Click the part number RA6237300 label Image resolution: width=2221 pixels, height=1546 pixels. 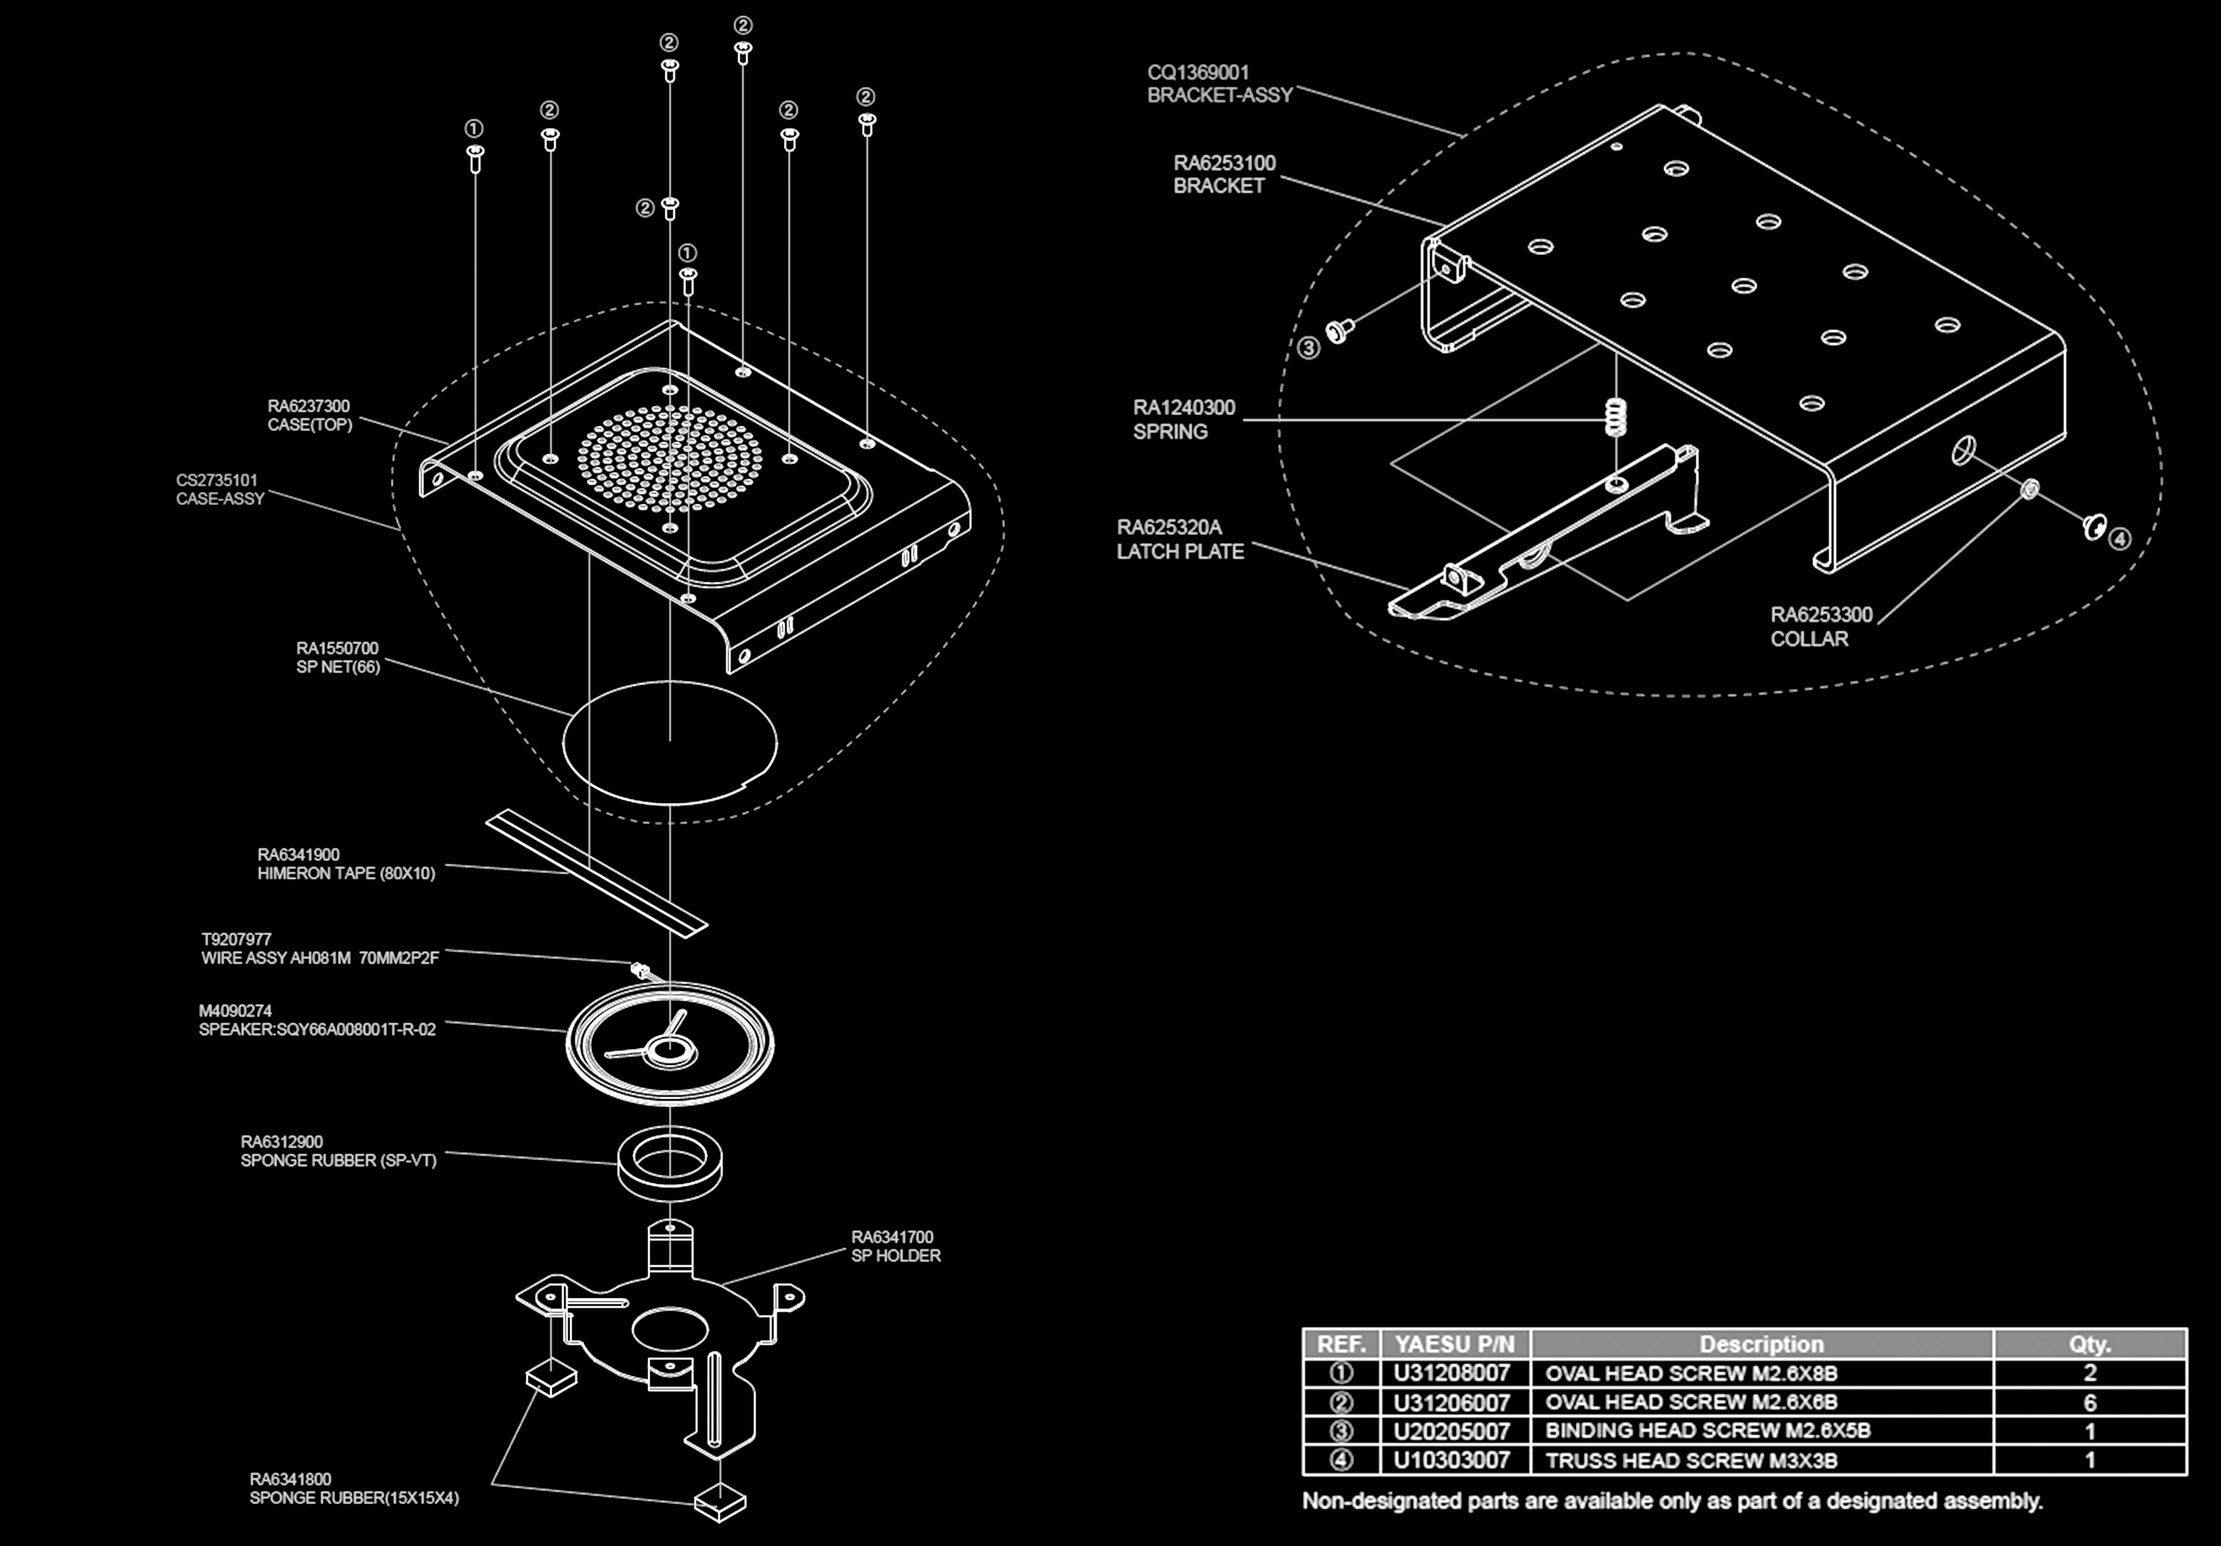(308, 406)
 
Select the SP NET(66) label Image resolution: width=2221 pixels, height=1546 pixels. (338, 667)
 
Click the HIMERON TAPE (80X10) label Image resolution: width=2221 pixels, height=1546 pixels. (345, 873)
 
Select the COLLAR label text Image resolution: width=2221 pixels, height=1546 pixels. (1809, 638)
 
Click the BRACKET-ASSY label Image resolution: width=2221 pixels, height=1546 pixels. (1219, 95)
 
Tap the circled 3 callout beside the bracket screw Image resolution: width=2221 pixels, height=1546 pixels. (1308, 348)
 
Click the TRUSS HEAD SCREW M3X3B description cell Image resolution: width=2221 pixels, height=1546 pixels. (1691, 1460)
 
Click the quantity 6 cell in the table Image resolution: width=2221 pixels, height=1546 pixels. (2090, 1402)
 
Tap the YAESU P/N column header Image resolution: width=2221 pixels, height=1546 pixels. (1454, 1344)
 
